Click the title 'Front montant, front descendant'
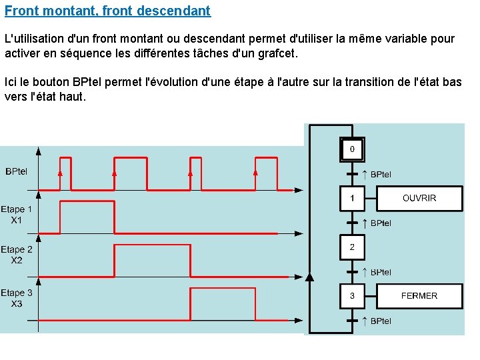click(x=107, y=11)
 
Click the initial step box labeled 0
click(x=352, y=149)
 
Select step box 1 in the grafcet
click(x=352, y=198)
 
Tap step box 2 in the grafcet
click(x=352, y=247)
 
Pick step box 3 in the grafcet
click(x=352, y=295)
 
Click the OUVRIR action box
click(x=419, y=198)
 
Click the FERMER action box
click(x=419, y=295)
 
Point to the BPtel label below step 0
click(x=380, y=174)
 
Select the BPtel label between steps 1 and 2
click(x=380, y=223)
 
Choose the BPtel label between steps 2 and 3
click(x=380, y=272)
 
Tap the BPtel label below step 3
click(x=380, y=321)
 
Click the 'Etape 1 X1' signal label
click(x=17, y=214)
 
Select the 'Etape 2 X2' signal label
click(x=17, y=255)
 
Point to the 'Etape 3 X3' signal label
click(x=17, y=298)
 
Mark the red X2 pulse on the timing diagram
click(x=152, y=246)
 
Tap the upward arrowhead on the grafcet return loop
click(x=308, y=276)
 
